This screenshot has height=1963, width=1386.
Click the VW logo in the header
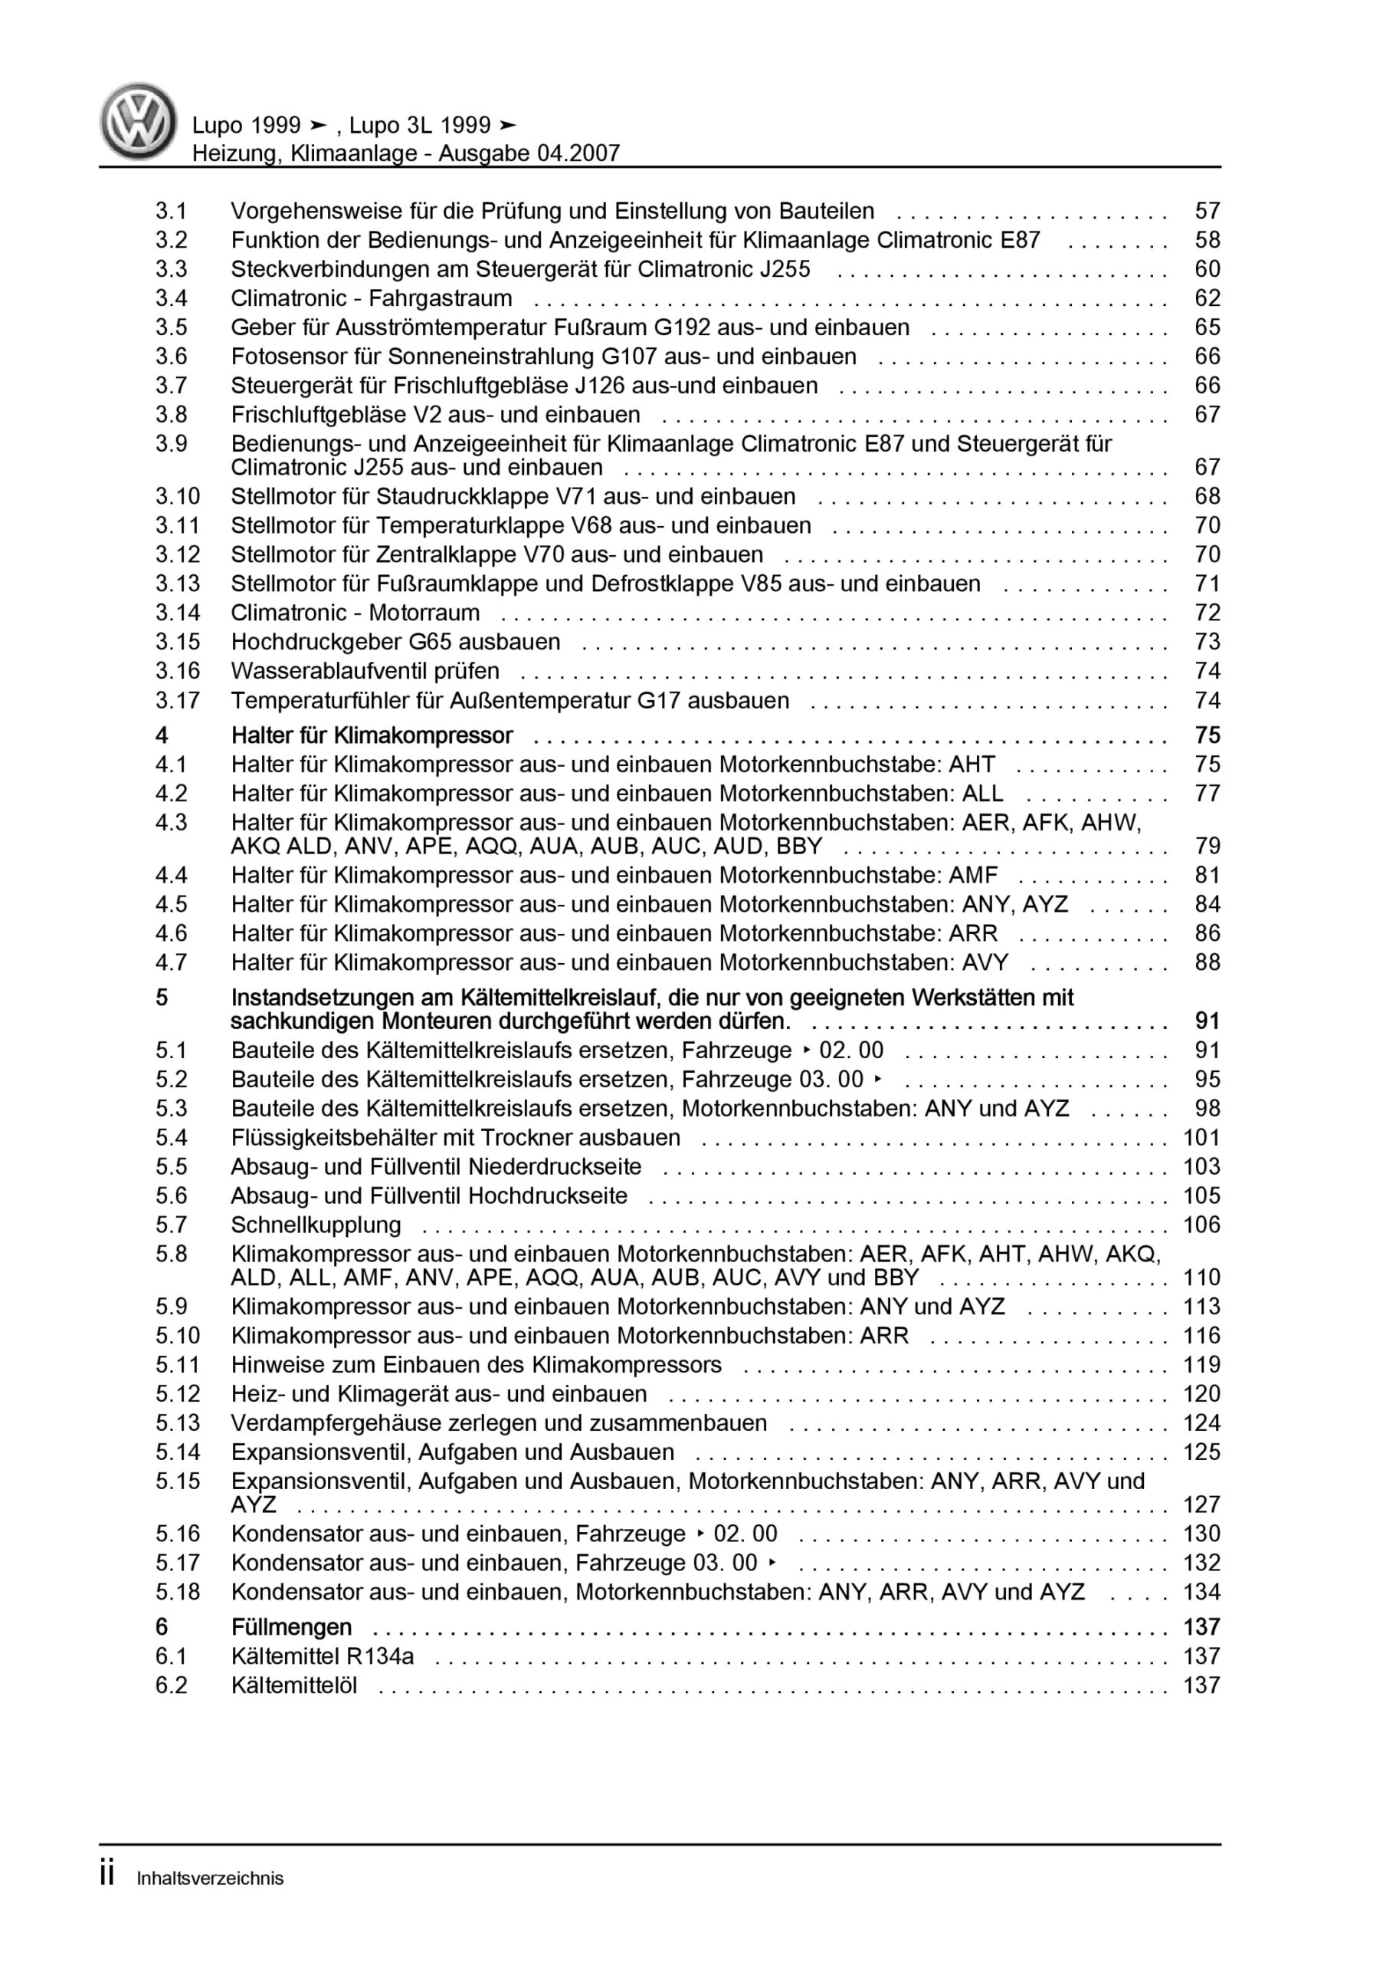[139, 121]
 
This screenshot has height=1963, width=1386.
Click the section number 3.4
[171, 298]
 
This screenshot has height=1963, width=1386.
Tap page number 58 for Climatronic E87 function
[1207, 240]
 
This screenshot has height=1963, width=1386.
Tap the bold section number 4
[162, 735]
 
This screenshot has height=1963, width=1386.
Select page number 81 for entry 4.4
[1207, 876]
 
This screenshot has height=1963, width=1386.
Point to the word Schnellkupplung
[316, 1225]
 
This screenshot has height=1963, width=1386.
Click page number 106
[1201, 1225]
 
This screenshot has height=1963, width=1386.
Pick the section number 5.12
[177, 1395]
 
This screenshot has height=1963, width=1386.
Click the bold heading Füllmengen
[290, 1627]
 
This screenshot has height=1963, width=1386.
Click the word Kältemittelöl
[294, 1685]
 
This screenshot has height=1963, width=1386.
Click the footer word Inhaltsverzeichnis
[209, 1879]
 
